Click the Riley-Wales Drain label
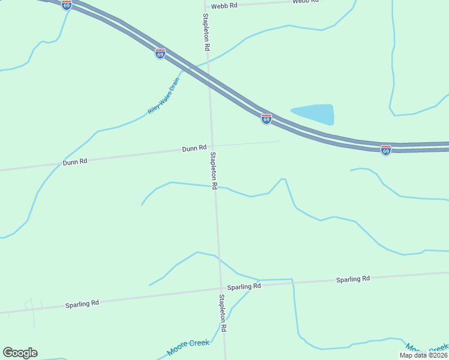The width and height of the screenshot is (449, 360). click(x=163, y=96)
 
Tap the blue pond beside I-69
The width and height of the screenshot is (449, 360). click(x=314, y=113)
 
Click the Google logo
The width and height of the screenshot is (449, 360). click(x=20, y=353)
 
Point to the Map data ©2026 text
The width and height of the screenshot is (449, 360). click(x=423, y=355)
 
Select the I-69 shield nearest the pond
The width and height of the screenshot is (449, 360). click(x=267, y=119)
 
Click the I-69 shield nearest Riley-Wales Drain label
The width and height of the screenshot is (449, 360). click(x=160, y=53)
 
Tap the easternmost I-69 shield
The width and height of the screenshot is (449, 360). click(x=386, y=150)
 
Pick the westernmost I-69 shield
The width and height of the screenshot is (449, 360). click(x=67, y=5)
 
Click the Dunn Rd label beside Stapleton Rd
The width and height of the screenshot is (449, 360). click(x=194, y=148)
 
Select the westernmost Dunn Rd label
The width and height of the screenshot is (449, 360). click(x=75, y=162)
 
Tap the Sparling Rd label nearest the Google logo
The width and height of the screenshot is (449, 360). click(x=82, y=304)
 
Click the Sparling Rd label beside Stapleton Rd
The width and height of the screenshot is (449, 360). click(x=248, y=287)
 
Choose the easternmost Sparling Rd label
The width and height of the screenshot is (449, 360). click(x=353, y=279)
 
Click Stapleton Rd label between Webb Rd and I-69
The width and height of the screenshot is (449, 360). click(x=206, y=31)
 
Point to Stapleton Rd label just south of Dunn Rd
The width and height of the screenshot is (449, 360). click(x=214, y=170)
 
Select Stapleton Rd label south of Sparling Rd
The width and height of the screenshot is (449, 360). click(x=223, y=313)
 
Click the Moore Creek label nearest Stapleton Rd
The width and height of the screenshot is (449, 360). click(x=188, y=346)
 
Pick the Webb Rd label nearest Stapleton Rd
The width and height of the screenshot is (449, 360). click(x=226, y=5)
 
